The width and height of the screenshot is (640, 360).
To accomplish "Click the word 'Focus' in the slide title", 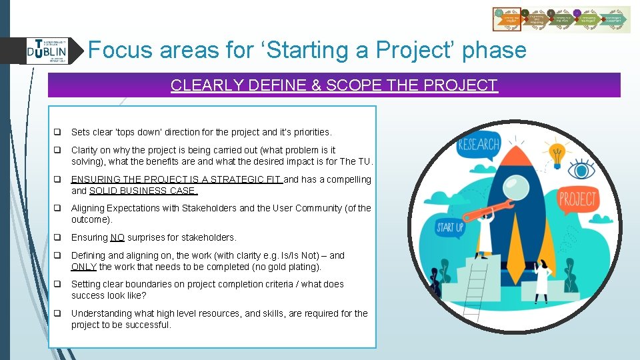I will coord(117,50).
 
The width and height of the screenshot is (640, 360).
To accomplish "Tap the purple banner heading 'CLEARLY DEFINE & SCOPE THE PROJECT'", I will coord(334,85).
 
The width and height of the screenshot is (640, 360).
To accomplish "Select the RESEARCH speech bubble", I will coord(479,145).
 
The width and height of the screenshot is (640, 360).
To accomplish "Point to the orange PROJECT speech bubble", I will coord(577,199).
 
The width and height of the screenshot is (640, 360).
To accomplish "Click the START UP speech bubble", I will coord(450,228).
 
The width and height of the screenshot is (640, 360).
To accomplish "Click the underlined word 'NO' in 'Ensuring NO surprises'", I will coord(117,238).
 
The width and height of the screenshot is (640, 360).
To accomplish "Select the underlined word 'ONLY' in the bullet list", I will coord(84,267).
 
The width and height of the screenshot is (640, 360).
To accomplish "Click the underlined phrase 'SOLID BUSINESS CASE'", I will coord(143,191).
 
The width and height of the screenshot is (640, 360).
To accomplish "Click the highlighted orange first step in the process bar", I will coord(507,20).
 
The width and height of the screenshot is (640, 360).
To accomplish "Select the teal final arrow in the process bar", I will coord(613,20).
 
